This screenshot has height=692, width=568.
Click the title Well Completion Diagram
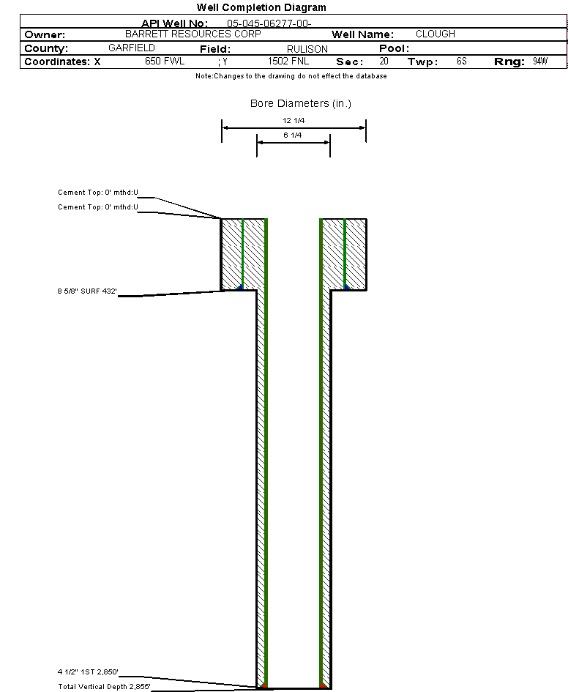click(x=261, y=7)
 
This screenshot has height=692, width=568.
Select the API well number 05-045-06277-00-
click(x=269, y=23)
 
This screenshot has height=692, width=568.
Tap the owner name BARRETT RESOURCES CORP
click(x=193, y=34)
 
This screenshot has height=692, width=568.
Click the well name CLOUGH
click(x=436, y=34)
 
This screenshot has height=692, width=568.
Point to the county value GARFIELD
click(x=132, y=48)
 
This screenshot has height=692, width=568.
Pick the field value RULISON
click(x=307, y=49)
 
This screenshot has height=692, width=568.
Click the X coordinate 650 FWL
click(x=165, y=61)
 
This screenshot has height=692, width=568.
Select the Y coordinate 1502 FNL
click(x=288, y=61)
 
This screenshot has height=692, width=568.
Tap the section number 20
click(x=384, y=61)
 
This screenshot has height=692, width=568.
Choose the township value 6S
click(x=462, y=61)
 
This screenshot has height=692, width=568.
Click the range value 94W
click(x=540, y=61)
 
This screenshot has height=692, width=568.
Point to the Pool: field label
click(x=395, y=48)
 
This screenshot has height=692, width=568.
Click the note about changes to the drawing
click(x=291, y=76)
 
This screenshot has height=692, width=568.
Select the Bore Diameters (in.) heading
click(x=301, y=103)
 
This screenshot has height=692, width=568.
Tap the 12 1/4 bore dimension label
click(x=294, y=121)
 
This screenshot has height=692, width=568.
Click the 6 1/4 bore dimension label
click(x=293, y=135)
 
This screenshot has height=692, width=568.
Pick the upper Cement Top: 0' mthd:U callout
click(x=98, y=193)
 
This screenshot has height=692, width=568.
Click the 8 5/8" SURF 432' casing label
click(x=87, y=291)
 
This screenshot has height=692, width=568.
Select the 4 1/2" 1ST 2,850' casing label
click(x=88, y=671)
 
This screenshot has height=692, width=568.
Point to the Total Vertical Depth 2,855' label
click(x=104, y=686)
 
